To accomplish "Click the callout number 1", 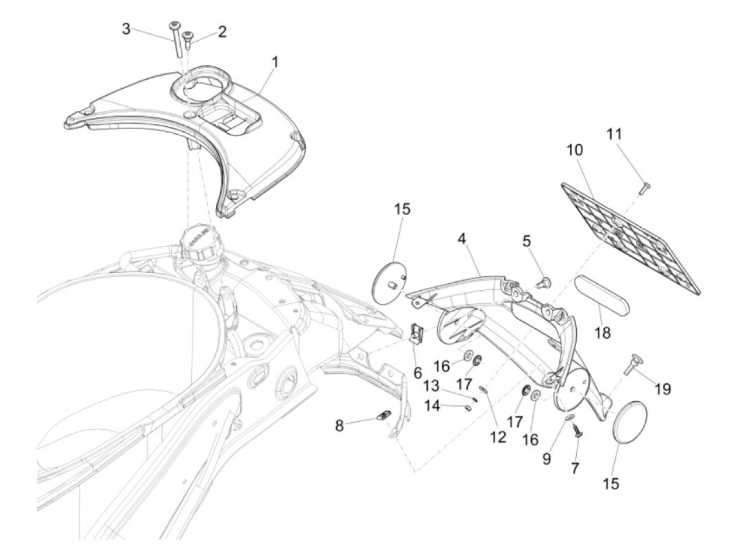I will pyautogui.click(x=274, y=62).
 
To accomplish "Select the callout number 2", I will pyautogui.click(x=222, y=32).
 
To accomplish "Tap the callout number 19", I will pyautogui.click(x=663, y=389).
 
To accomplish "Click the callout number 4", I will pyautogui.click(x=462, y=239).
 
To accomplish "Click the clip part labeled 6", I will pyautogui.click(x=418, y=333).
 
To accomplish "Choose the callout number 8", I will pyautogui.click(x=339, y=425).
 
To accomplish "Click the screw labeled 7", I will pyautogui.click(x=577, y=432).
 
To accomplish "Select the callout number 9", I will pyautogui.click(x=546, y=459).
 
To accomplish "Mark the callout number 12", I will pyautogui.click(x=498, y=437).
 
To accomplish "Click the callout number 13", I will pyautogui.click(x=431, y=386).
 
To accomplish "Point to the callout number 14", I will pyautogui.click(x=432, y=407).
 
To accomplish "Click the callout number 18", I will pyautogui.click(x=603, y=332).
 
